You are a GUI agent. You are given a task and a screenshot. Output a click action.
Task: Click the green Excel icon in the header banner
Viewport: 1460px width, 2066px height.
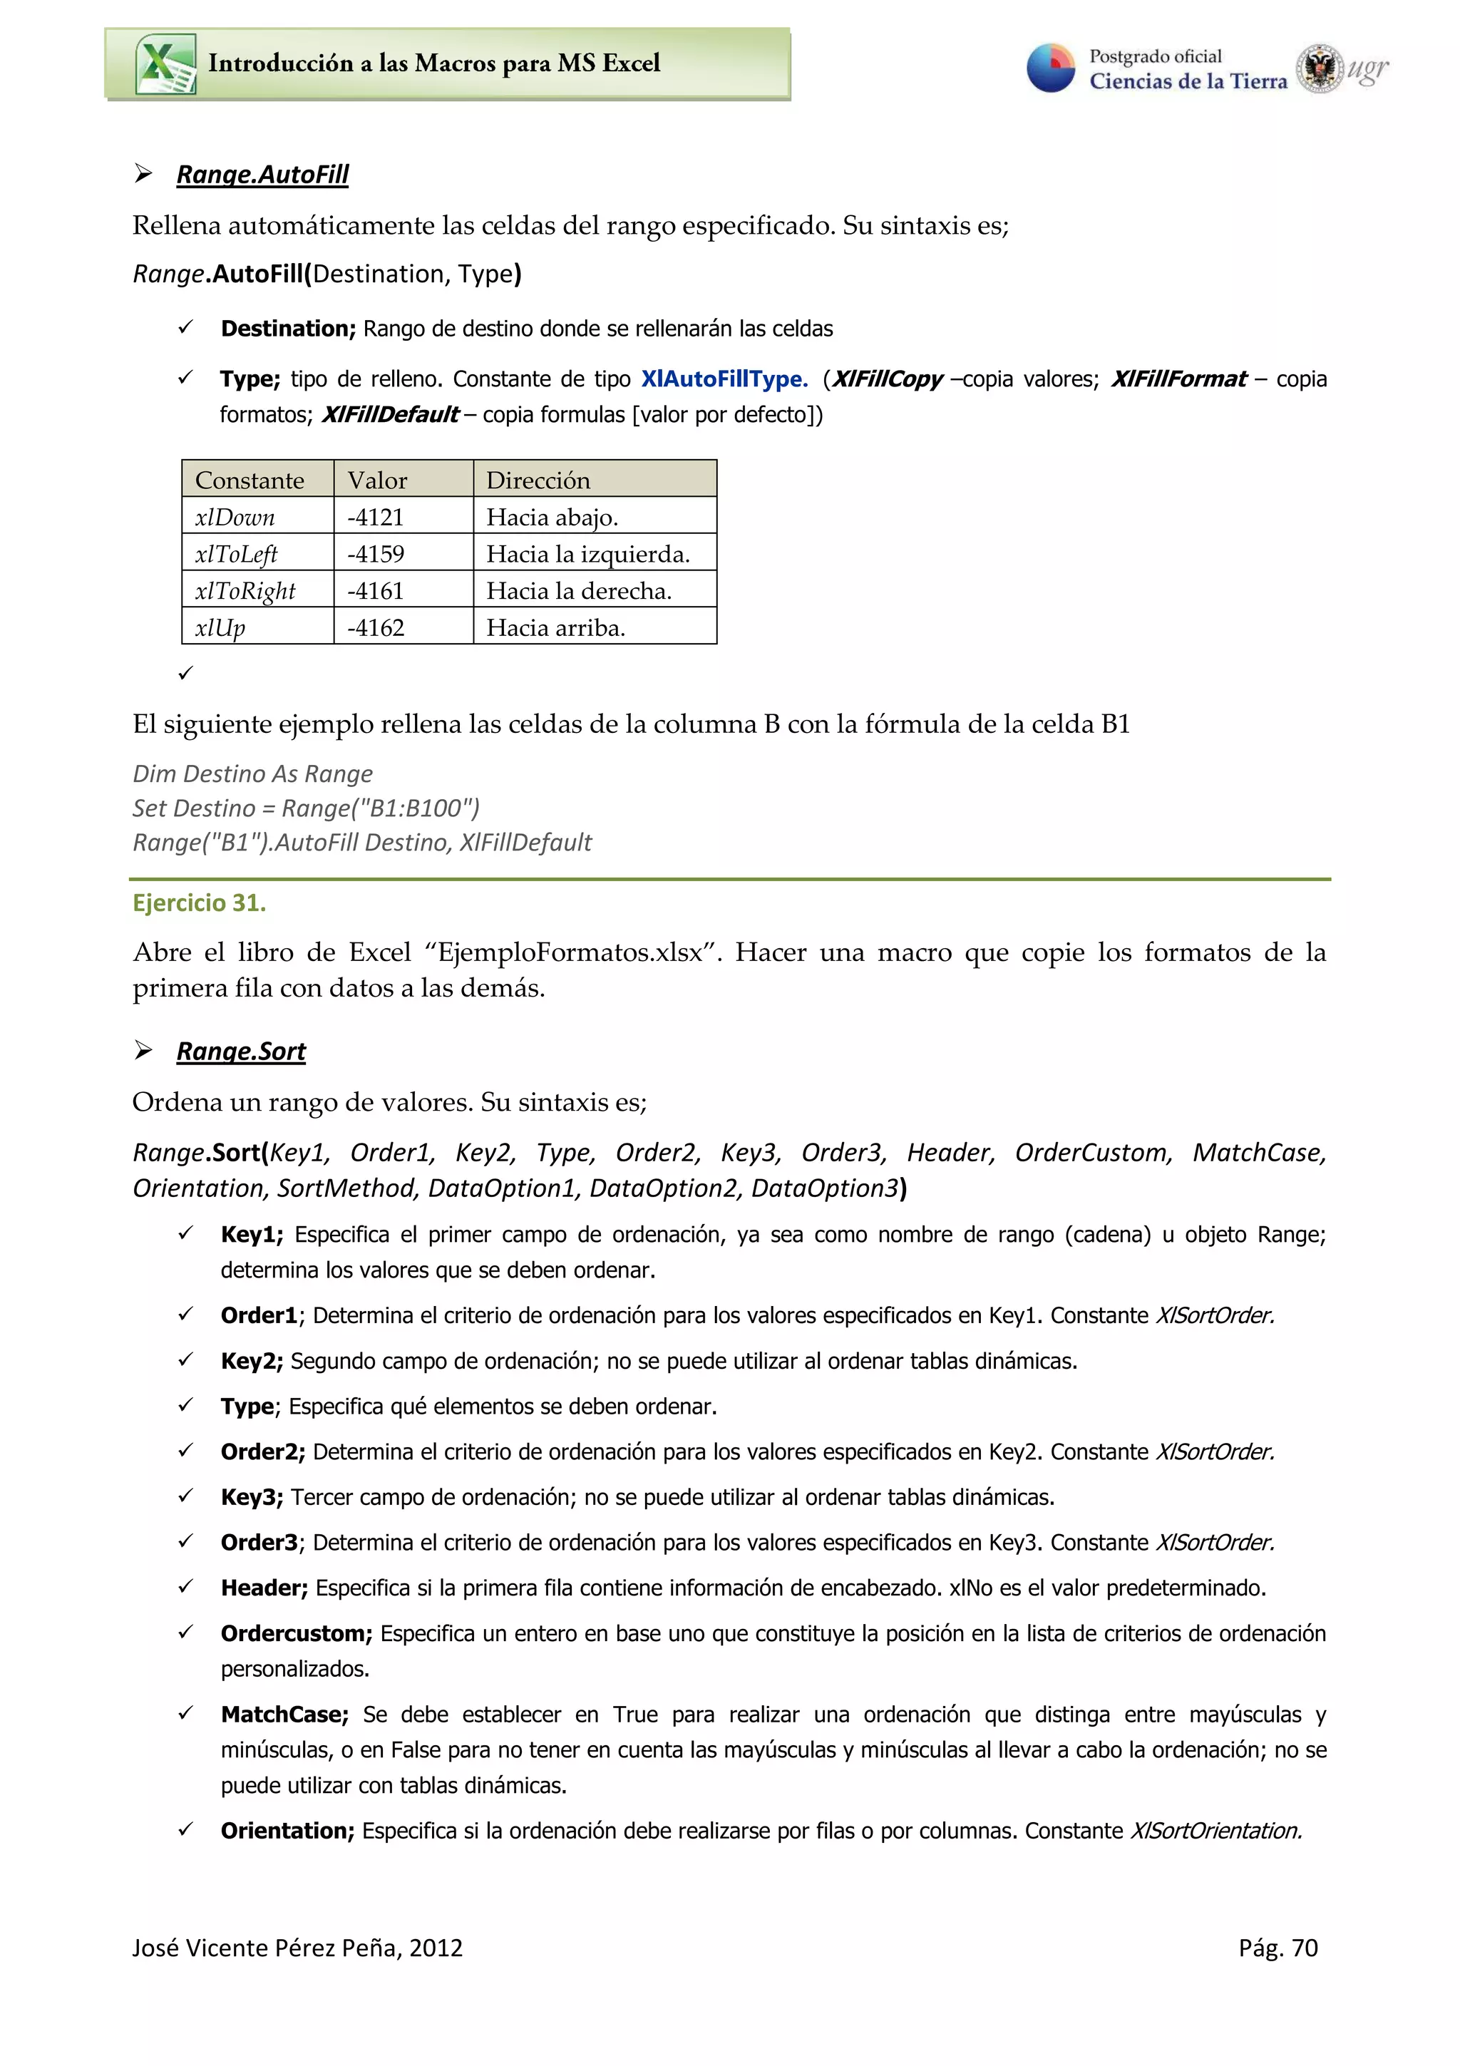tap(165, 64)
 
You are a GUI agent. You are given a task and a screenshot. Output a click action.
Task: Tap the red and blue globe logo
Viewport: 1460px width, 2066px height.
tap(1050, 68)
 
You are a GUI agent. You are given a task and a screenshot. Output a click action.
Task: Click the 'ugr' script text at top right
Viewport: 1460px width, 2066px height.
tap(1367, 68)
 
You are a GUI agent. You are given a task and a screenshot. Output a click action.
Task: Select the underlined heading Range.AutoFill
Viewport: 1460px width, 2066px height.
tap(262, 174)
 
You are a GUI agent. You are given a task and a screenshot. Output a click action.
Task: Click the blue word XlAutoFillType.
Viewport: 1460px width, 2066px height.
tap(724, 379)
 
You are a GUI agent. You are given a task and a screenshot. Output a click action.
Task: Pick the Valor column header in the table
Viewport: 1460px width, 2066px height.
tap(377, 480)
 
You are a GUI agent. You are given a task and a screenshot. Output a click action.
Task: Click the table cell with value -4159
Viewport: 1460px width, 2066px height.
tap(376, 555)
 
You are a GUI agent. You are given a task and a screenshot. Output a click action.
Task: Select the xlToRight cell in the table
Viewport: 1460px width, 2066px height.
tap(245, 591)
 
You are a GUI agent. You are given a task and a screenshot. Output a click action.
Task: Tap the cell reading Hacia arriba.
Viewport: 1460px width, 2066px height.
tap(555, 628)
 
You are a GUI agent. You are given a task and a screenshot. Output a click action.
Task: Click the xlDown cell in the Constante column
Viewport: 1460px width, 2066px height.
tap(235, 518)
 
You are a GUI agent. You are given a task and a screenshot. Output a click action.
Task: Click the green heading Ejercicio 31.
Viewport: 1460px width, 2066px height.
tap(199, 903)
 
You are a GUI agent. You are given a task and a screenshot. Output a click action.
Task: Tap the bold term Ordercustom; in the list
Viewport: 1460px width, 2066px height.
tap(296, 1633)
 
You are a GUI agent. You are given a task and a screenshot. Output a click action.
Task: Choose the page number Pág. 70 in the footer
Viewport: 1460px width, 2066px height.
tap(1277, 1948)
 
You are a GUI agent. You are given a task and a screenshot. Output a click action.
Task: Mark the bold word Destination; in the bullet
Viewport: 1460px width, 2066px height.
tap(288, 329)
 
